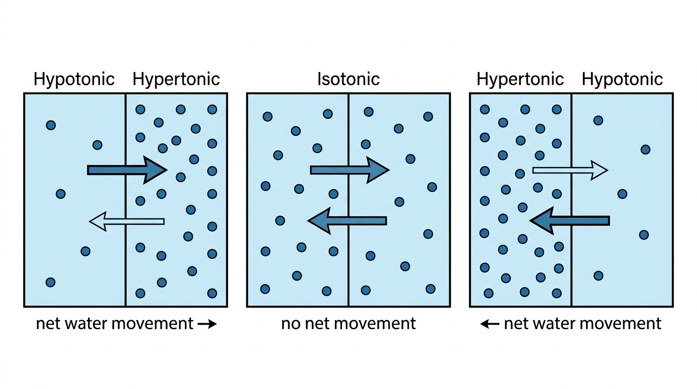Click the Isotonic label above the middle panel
(x=348, y=79)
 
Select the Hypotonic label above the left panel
(x=74, y=80)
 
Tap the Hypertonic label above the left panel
(x=176, y=80)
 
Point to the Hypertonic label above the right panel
(x=520, y=80)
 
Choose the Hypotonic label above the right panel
(x=622, y=80)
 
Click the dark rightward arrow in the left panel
(x=127, y=170)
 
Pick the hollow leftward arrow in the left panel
(x=127, y=221)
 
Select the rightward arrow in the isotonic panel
(x=350, y=170)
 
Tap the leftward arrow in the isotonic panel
(x=347, y=221)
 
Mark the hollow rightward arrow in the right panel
(x=570, y=170)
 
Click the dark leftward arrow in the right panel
(x=570, y=221)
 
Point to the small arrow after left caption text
(x=207, y=324)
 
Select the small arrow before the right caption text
(x=490, y=324)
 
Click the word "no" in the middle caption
(x=291, y=324)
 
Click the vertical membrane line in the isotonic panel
(x=348, y=200)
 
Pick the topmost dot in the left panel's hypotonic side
(x=51, y=125)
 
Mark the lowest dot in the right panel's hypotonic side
(x=598, y=276)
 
